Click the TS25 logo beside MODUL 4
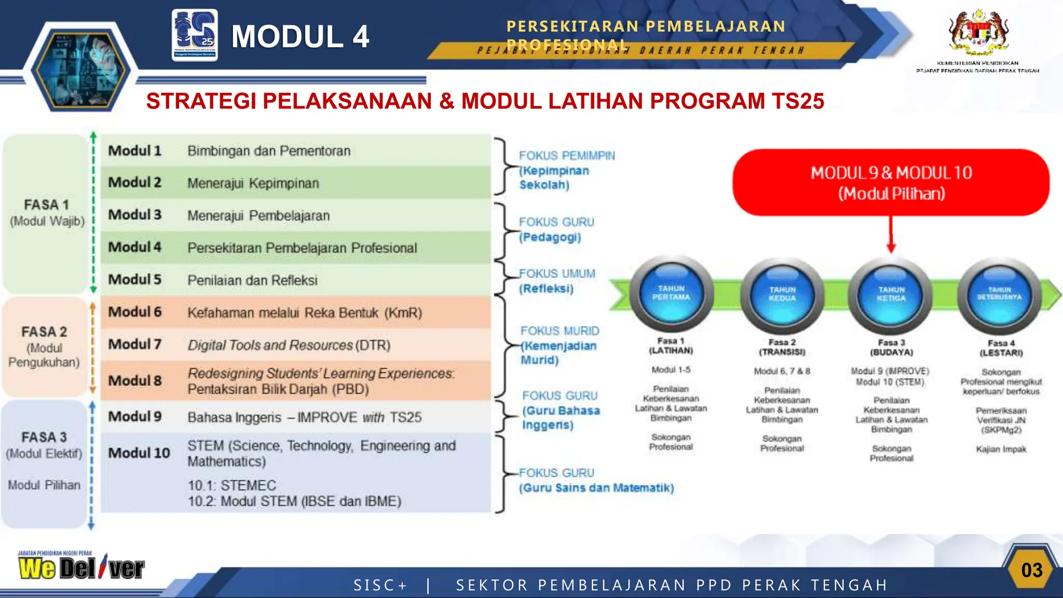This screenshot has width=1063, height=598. (195, 35)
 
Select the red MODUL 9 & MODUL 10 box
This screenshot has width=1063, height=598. (891, 183)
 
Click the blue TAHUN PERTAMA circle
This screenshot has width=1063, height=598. (671, 294)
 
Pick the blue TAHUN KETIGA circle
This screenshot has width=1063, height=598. (891, 295)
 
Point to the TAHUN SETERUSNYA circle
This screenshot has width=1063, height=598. (999, 295)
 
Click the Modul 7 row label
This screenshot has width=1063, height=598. (135, 344)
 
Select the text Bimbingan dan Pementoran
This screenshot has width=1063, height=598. (269, 151)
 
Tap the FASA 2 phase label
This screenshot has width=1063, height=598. (44, 332)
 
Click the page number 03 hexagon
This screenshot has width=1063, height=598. (1031, 570)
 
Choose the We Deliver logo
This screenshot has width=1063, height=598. (81, 566)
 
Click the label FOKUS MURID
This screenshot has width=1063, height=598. (560, 331)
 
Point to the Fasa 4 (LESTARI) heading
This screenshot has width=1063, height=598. (1001, 348)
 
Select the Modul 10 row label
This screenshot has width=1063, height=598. (139, 453)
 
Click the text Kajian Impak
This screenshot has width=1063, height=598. (1001, 450)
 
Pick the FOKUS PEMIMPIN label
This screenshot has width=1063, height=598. (567, 156)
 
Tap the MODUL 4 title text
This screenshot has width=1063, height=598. (300, 36)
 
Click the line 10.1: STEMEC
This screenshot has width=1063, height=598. (232, 485)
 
